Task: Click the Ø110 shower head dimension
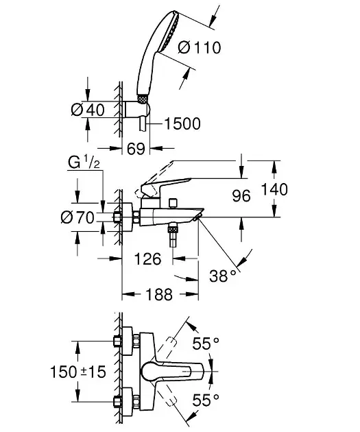(200, 47)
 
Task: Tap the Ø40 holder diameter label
(88, 110)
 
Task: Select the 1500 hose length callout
(182, 123)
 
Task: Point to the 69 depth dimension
(136, 149)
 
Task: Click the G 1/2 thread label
(84, 162)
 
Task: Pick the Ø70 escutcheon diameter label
(77, 217)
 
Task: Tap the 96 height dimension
(241, 196)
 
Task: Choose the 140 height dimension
(274, 189)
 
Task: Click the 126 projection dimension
(147, 259)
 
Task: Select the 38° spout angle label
(223, 276)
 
